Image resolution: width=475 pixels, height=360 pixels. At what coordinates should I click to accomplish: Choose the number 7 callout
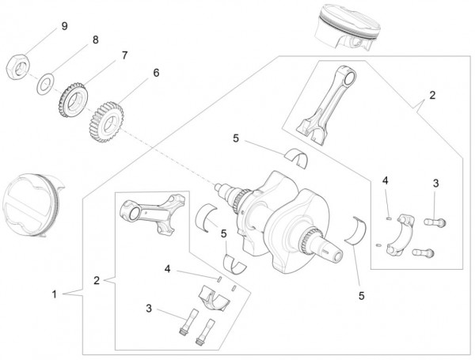click(123, 56)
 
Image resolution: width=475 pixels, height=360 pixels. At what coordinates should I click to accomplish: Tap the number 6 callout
click(155, 73)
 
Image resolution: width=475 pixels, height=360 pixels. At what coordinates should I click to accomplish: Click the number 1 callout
click(54, 294)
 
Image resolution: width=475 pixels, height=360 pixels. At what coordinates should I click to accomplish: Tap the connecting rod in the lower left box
click(149, 217)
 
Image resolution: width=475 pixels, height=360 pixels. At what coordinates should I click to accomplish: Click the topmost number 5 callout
click(235, 139)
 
